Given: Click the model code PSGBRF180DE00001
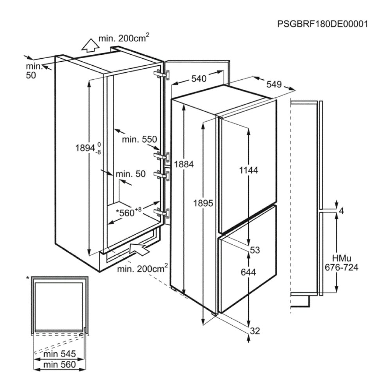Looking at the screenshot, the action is [x=323, y=24].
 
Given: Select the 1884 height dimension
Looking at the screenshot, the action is [x=184, y=164].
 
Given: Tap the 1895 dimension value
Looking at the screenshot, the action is [x=203, y=203].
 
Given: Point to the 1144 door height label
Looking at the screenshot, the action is [x=249, y=170].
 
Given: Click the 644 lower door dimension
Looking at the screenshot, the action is [x=248, y=272].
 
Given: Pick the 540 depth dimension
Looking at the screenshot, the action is [x=199, y=79].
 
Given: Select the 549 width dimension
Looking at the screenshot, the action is [x=274, y=84].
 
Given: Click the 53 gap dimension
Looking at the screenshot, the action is [x=255, y=250].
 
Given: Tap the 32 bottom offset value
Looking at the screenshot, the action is [x=255, y=331].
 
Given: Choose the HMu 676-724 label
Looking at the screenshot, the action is [x=342, y=263].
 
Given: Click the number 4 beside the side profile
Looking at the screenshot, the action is [x=341, y=211].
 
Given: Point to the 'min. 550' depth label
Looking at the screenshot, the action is [x=140, y=140].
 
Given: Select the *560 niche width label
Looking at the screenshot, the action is [x=129, y=212].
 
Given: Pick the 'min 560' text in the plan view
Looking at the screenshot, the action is [x=59, y=364].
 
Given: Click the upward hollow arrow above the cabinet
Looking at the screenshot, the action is [x=90, y=46].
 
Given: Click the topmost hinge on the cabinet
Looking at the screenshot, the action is [x=162, y=75].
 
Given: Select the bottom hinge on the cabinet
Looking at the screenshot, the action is [x=162, y=213].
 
